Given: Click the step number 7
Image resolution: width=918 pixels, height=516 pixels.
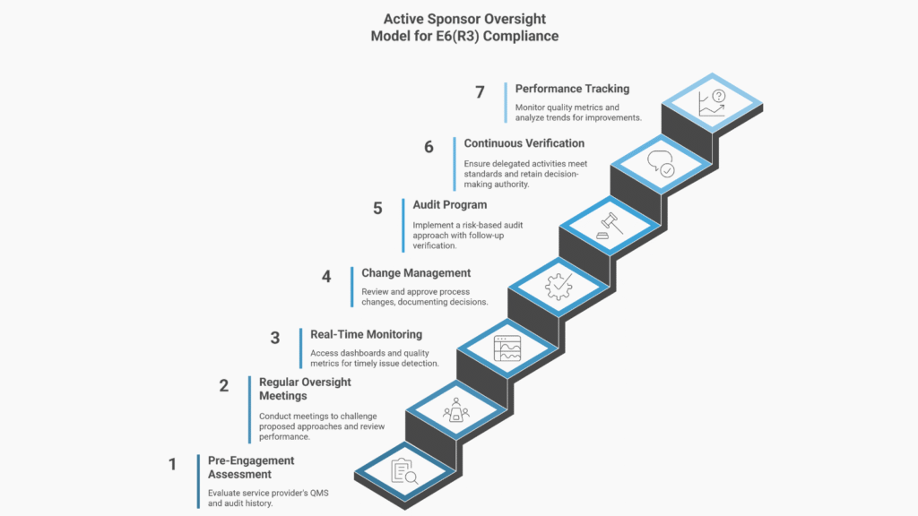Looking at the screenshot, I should pyautogui.click(x=481, y=93).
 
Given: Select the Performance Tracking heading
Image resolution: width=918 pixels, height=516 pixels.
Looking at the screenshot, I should pyautogui.click(x=572, y=89).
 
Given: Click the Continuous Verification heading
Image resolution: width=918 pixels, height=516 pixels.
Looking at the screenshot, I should pyautogui.click(x=524, y=143).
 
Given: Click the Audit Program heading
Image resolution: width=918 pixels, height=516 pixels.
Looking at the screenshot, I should pyautogui.click(x=450, y=205).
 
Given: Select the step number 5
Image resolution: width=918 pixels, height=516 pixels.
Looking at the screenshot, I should pyautogui.click(x=377, y=209).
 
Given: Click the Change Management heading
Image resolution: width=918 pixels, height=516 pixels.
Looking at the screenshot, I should pyautogui.click(x=416, y=273).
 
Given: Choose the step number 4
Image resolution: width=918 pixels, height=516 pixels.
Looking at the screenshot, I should pyautogui.click(x=326, y=277).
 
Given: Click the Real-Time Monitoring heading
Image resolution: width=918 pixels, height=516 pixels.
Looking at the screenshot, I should pyautogui.click(x=366, y=334).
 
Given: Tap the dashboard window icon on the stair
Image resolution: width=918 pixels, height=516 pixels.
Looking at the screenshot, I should pyautogui.click(x=507, y=348).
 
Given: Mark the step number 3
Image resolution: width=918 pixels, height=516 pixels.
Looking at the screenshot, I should pyautogui.click(x=275, y=339).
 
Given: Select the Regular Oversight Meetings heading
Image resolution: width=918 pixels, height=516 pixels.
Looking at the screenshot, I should pyautogui.click(x=305, y=389).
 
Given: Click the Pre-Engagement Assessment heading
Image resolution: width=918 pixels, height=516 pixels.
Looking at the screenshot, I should pyautogui.click(x=251, y=468).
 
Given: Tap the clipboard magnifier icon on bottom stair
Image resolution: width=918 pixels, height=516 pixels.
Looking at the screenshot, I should pyautogui.click(x=405, y=471).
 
